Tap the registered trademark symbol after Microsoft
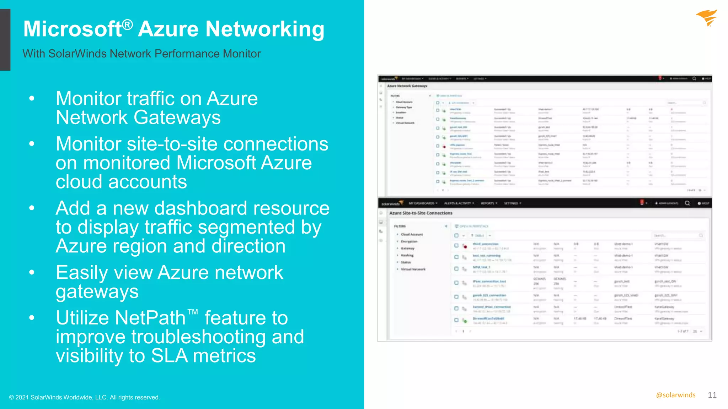point(128,24)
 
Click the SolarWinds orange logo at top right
point(707,18)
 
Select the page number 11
point(712,395)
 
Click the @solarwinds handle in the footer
point(676,395)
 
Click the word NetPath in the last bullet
point(121,318)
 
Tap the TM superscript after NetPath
point(193,312)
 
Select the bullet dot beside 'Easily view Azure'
point(32,273)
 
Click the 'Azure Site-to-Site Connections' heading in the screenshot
point(421,213)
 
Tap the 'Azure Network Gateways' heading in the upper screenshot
point(407,86)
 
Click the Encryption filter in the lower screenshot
point(409,241)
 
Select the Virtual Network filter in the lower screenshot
point(413,269)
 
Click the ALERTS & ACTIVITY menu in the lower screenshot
point(459,203)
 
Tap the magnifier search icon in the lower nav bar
point(687,203)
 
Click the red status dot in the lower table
point(465,246)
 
